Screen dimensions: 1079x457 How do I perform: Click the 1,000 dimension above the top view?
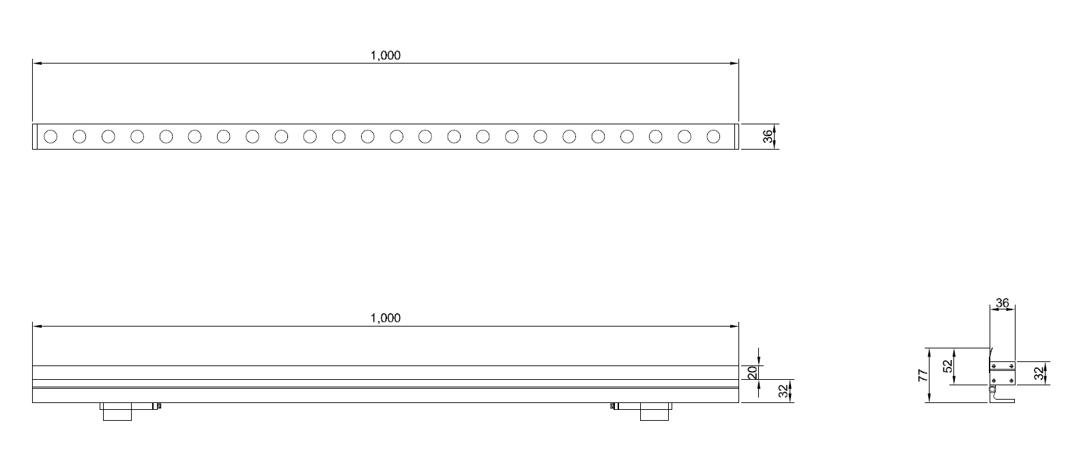point(386,55)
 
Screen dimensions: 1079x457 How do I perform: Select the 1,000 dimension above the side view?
point(386,318)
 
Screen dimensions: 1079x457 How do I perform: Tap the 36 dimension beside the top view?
point(768,137)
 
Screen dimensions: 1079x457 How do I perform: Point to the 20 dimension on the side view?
point(752,373)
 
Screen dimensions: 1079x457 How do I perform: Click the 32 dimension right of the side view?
point(783,391)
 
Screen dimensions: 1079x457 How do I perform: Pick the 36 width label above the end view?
point(1003,303)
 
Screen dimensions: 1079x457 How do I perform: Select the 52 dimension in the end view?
point(948,366)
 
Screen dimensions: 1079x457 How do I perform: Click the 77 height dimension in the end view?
point(923,376)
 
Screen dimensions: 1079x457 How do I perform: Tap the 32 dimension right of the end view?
point(1039,374)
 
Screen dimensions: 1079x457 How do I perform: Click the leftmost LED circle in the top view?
point(51,137)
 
